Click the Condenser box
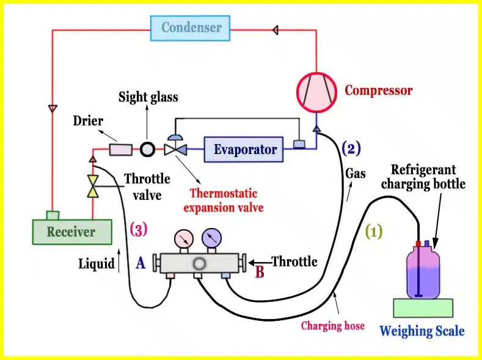click(x=190, y=28)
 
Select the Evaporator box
click(x=244, y=149)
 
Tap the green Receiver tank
click(x=72, y=232)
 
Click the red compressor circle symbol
click(x=316, y=92)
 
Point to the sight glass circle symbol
click(x=148, y=150)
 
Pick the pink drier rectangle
click(x=121, y=150)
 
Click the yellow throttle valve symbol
click(x=93, y=186)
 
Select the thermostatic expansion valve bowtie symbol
click(x=175, y=150)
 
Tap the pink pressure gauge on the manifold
click(x=184, y=238)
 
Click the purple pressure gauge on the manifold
click(x=211, y=238)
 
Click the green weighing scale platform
click(x=423, y=307)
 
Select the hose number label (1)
click(x=374, y=231)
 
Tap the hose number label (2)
click(x=351, y=149)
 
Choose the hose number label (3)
click(x=139, y=229)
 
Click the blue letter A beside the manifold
click(x=141, y=263)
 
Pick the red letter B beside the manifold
click(x=260, y=272)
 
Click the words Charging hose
click(x=333, y=326)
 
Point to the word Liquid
click(x=96, y=264)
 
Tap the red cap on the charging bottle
click(x=418, y=243)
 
